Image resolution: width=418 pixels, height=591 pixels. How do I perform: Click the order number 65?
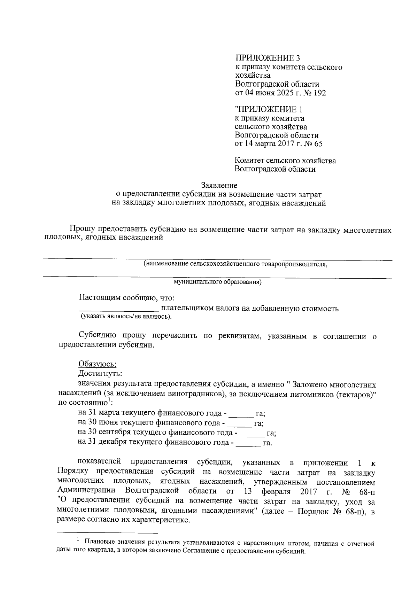318,143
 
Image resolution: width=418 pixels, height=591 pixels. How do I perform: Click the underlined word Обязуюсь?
97,364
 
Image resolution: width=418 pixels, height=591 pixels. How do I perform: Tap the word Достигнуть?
100,373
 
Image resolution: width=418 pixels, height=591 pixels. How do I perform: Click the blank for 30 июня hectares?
239,424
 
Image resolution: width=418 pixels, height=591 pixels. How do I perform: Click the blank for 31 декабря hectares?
248,443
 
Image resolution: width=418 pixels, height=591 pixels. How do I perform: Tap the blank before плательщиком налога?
119,309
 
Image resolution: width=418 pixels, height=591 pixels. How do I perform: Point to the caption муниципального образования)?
218,282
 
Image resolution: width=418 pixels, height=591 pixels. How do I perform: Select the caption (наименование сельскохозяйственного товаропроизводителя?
236,264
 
